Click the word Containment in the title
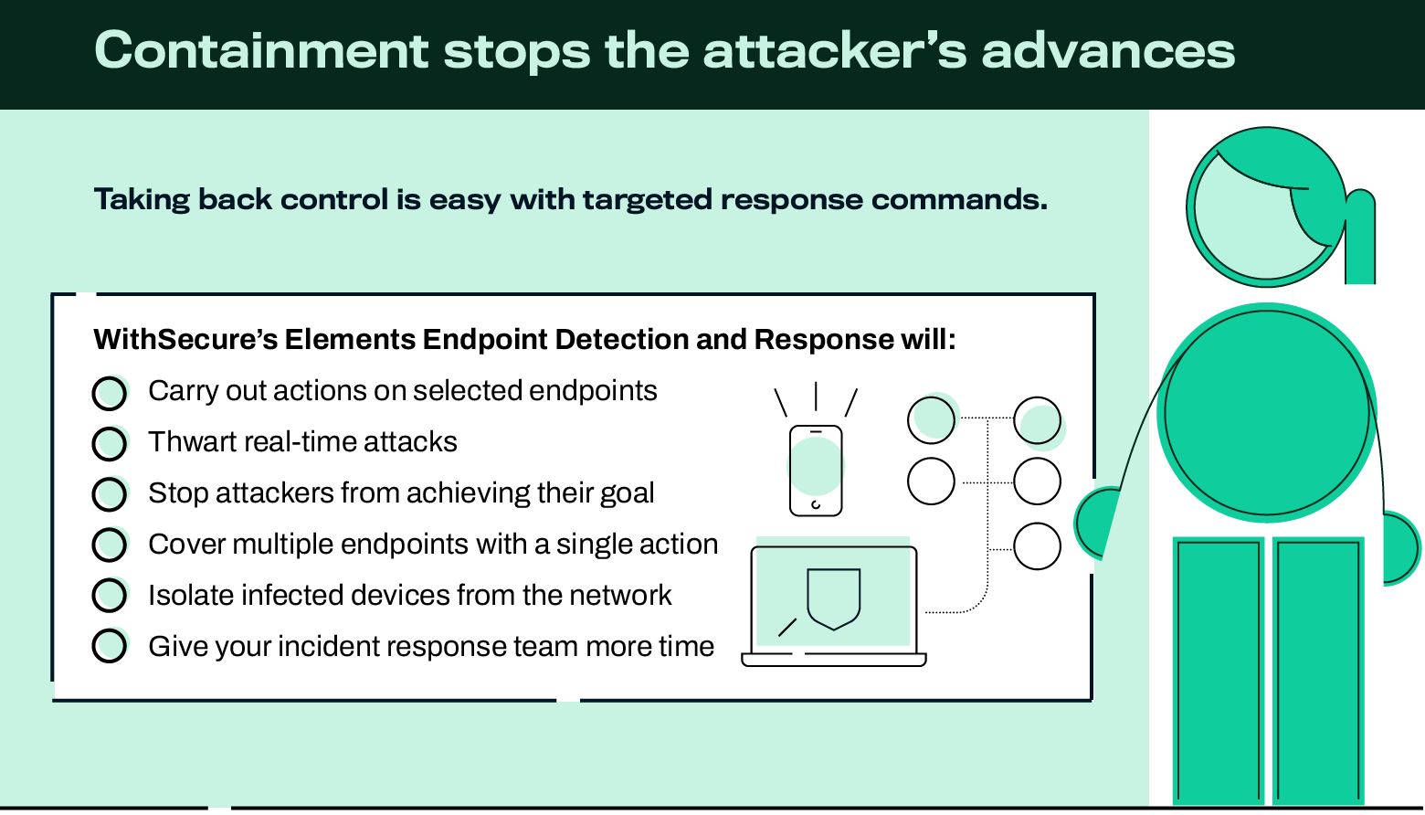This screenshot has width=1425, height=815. (261, 51)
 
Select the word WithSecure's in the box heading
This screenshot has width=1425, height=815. (185, 340)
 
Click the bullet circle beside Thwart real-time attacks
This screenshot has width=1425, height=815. (110, 443)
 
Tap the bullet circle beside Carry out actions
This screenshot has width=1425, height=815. (110, 393)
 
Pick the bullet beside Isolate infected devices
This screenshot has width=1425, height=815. (110, 596)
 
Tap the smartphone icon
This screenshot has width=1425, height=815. (815, 471)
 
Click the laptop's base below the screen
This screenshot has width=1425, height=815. (833, 660)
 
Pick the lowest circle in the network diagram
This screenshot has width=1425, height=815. (1037, 546)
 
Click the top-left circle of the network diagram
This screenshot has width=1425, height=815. (931, 420)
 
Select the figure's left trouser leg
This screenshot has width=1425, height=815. (1219, 672)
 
